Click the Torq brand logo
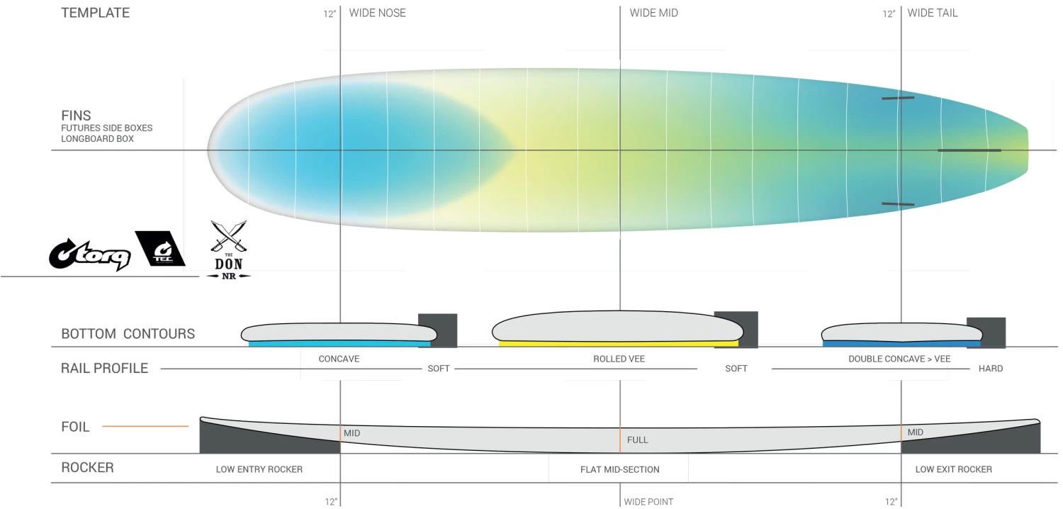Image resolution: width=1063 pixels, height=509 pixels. [90, 254]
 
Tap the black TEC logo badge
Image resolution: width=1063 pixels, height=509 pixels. [160, 248]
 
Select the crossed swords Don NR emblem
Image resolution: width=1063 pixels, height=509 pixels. [229, 250]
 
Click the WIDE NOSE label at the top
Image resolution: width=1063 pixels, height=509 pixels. [377, 13]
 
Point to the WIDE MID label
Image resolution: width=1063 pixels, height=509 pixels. [653, 13]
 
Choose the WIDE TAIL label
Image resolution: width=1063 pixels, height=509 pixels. [933, 13]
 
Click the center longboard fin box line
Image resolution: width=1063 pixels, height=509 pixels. [969, 150]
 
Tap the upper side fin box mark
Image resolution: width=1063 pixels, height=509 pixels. [898, 99]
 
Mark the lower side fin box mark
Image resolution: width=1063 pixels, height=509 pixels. [898, 204]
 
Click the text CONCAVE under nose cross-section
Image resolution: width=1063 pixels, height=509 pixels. [339, 359]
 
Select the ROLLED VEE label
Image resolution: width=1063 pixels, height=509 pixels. [619, 359]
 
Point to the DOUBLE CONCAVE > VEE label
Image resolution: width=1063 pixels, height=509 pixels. [899, 359]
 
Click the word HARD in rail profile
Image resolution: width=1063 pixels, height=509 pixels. [991, 369]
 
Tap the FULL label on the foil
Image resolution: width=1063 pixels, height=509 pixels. [637, 440]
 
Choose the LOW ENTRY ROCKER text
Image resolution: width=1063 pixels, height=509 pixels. [259, 469]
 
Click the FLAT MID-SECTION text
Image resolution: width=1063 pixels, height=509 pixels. [620, 469]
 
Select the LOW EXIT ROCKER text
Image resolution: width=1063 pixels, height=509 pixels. [953, 469]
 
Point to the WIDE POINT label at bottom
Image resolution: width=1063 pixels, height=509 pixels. [648, 502]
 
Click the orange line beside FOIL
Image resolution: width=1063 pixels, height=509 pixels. [145, 426]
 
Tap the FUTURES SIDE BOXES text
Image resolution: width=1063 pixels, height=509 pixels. [107, 128]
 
